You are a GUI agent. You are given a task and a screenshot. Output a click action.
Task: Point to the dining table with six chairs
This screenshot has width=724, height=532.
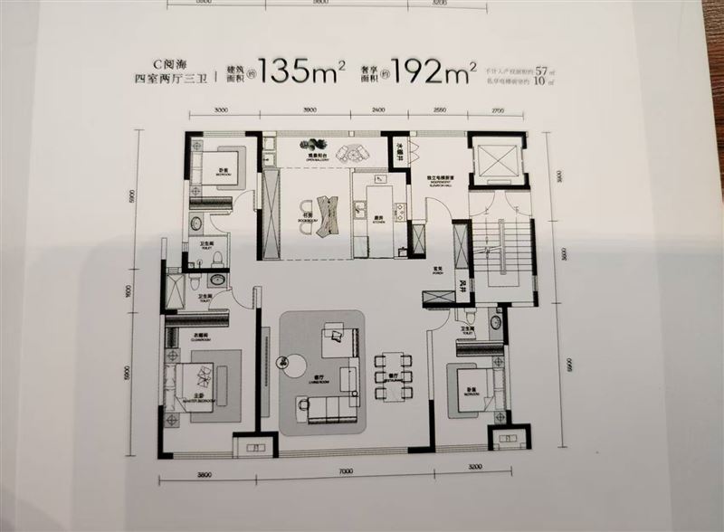tap(392, 368)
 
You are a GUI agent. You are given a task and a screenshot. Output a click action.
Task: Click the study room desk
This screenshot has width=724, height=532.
tap(319, 217)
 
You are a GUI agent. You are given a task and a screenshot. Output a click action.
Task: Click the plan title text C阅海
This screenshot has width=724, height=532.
tap(168, 64)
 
